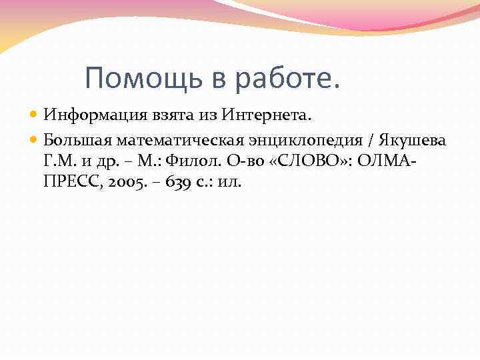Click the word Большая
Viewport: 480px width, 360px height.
click(77, 140)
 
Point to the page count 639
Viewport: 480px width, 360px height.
click(169, 181)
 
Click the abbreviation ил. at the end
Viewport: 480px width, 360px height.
click(229, 181)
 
